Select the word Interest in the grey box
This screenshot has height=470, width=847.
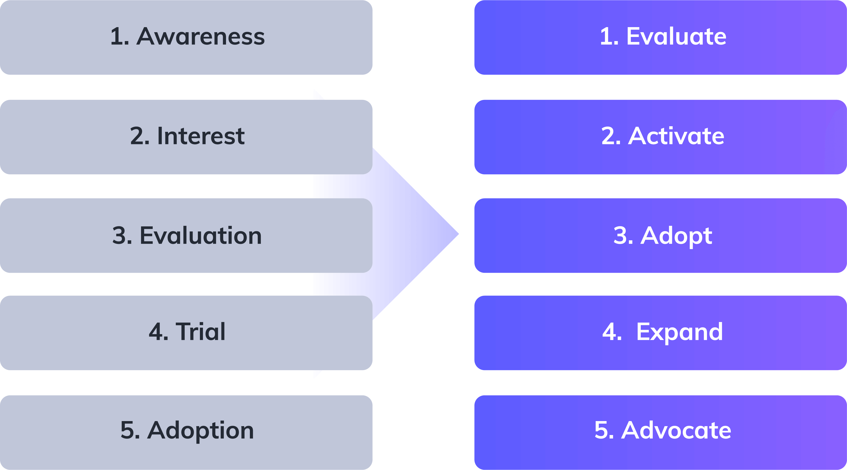tap(201, 136)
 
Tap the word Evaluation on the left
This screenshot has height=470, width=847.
tap(201, 236)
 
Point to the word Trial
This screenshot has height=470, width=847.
tap(201, 332)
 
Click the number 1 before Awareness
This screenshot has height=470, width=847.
tap(116, 37)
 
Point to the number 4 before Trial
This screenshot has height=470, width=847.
tap(156, 332)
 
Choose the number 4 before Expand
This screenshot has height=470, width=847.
tap(610, 332)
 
